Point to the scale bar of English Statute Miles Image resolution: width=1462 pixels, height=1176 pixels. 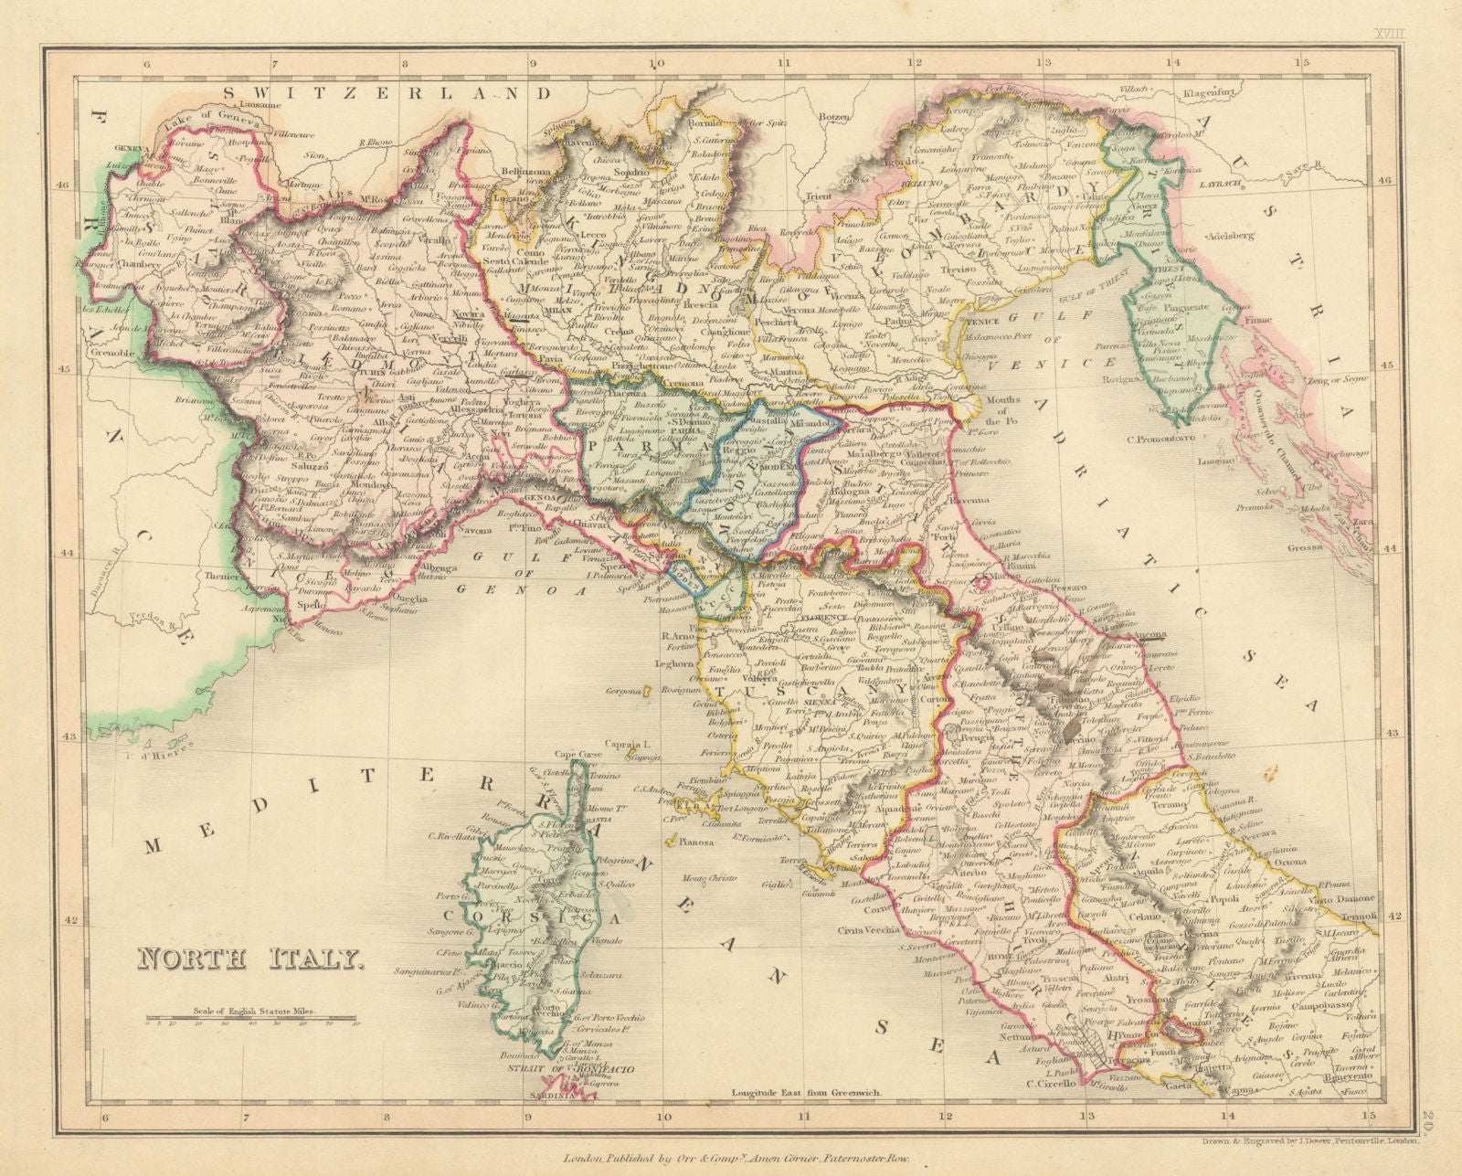pyautogui.click(x=252, y=1018)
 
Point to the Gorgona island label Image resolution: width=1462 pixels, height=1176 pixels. pyautogui.click(x=628, y=692)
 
